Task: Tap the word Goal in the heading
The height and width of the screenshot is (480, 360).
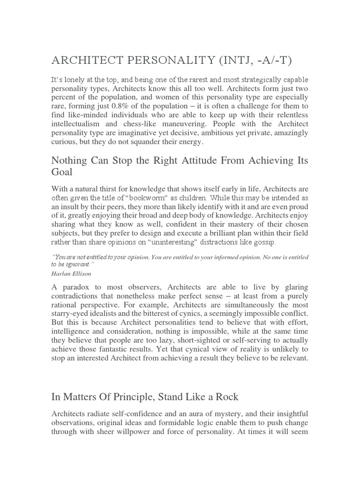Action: [x=62, y=172]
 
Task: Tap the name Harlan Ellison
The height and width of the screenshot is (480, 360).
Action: [x=72, y=274]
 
